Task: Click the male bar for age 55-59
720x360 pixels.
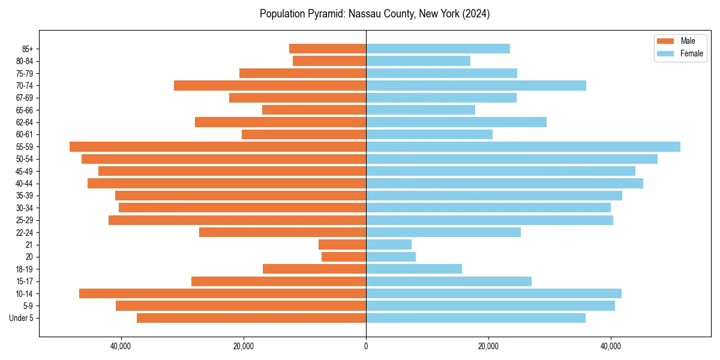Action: [218, 146]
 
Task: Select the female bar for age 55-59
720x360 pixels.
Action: [523, 146]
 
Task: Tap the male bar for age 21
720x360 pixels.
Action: [342, 244]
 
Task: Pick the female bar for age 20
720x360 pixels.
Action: [391, 257]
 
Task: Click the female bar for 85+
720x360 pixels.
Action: [438, 49]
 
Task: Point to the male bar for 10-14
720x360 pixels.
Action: [223, 293]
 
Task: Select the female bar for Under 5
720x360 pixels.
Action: [475, 318]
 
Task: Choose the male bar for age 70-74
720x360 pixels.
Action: [270, 85]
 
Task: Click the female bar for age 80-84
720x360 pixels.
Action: [418, 61]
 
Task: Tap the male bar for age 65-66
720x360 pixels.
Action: [314, 110]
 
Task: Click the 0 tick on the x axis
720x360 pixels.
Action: [366, 346]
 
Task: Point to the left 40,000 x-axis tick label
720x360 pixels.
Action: [121, 346]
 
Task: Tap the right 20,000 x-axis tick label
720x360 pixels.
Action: [488, 346]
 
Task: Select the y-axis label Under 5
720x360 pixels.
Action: [21, 318]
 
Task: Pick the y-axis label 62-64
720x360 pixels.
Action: [24, 122]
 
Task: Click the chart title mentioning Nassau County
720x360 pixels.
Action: [374, 14]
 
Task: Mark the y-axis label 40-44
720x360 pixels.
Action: [24, 183]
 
